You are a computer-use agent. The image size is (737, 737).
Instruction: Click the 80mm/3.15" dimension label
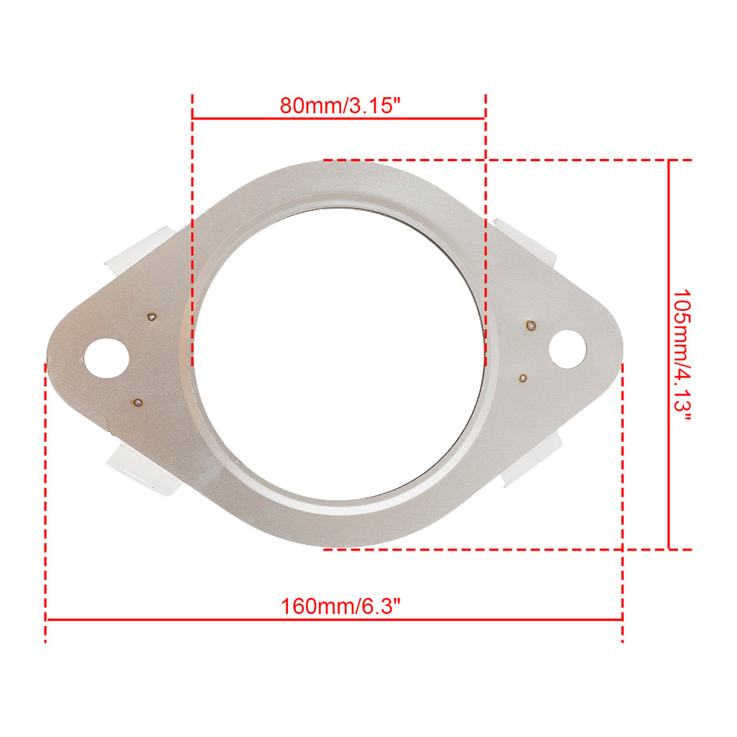pyautogui.click(x=340, y=105)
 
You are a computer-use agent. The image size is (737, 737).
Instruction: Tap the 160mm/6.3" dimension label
pyautogui.click(x=340, y=606)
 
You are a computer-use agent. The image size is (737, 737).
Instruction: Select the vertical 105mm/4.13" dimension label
pyautogui.click(x=682, y=356)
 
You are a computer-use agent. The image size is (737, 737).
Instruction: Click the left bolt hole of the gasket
pyautogui.click(x=107, y=358)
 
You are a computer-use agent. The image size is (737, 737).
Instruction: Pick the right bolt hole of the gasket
pyautogui.click(x=568, y=349)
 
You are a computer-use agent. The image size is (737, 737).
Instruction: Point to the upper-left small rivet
pyautogui.click(x=152, y=317)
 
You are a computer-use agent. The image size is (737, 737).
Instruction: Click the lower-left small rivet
pyautogui.click(x=138, y=402)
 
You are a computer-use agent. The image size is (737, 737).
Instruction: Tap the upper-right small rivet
pyautogui.click(x=531, y=325)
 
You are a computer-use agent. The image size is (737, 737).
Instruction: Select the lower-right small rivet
pyautogui.click(x=523, y=378)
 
